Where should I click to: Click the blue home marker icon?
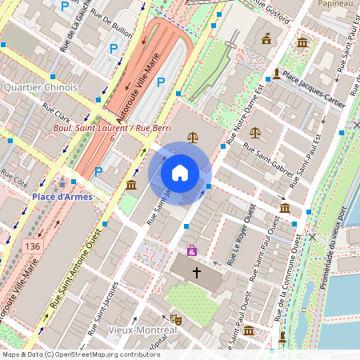point(180,172)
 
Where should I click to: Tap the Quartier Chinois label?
point(40,87)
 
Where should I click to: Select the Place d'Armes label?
point(62,196)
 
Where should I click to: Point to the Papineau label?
point(335,4)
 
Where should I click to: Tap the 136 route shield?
point(32,245)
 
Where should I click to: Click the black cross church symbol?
point(197,273)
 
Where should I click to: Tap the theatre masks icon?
point(176,319)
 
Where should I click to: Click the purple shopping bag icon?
point(191,250)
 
